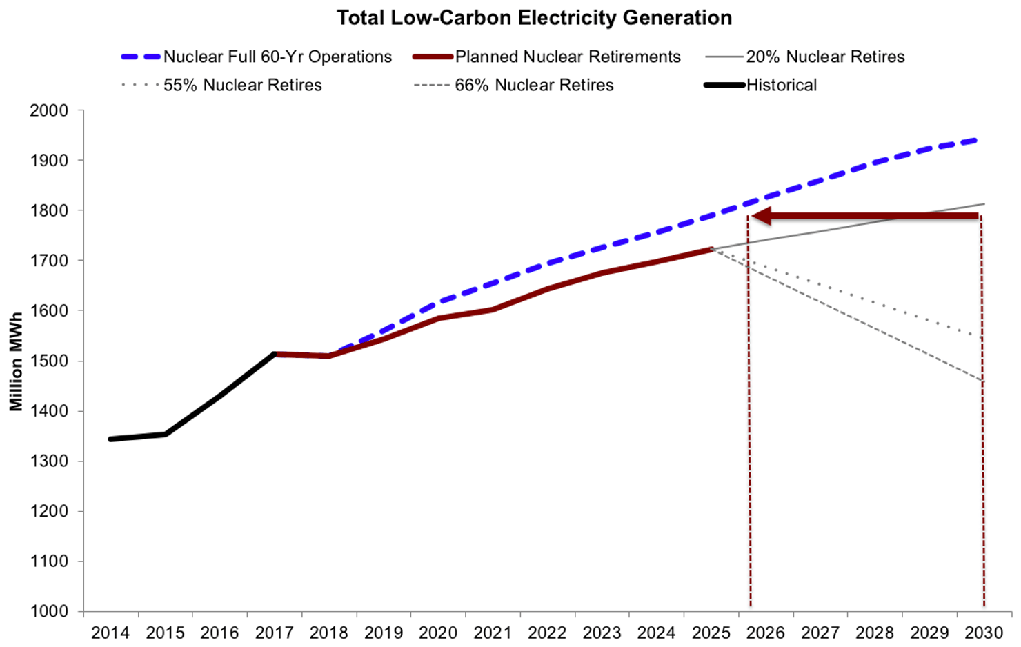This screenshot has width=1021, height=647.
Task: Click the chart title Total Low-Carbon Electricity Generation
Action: tap(534, 17)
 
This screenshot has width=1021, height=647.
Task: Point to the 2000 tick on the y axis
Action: tap(49, 110)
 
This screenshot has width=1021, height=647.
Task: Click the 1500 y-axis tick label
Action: tap(49, 361)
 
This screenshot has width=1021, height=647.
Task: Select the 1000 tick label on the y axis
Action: tap(49, 611)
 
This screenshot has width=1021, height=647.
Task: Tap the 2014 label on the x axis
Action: tap(110, 633)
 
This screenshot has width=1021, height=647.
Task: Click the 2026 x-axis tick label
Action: tap(766, 633)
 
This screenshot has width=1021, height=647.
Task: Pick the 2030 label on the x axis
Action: tap(984, 633)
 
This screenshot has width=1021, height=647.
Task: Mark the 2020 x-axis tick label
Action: tap(438, 633)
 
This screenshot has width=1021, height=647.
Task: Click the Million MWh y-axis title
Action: tap(16, 361)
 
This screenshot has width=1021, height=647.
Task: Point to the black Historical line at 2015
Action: tap(166, 434)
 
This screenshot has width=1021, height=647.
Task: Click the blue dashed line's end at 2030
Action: tap(980, 140)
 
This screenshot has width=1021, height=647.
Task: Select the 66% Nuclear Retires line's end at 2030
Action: tap(982, 380)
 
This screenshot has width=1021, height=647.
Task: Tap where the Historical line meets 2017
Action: tap(275, 354)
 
